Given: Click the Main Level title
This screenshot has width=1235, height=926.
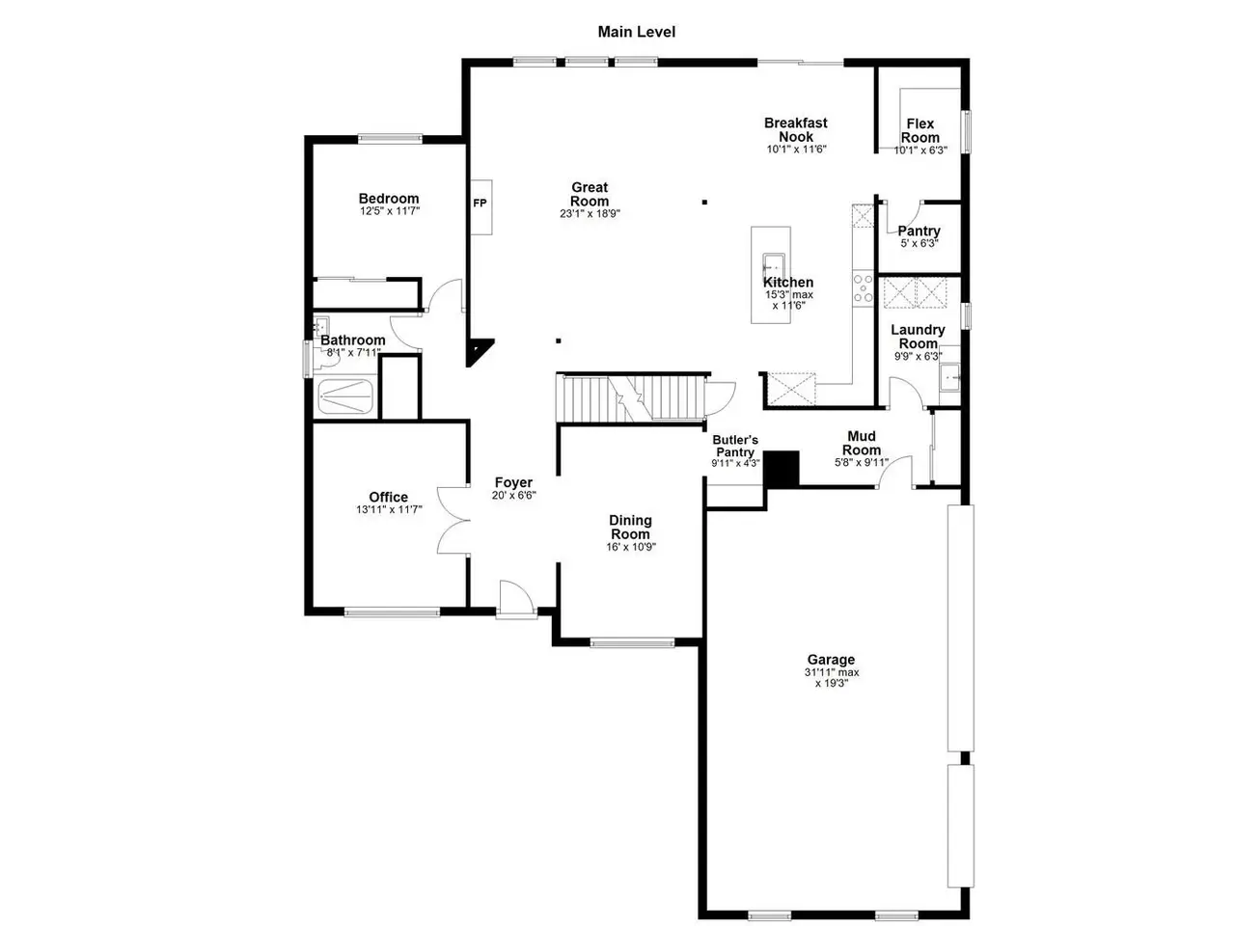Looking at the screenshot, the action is pyautogui.click(x=637, y=32).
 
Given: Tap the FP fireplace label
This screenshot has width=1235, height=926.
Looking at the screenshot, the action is pyautogui.click(x=480, y=203).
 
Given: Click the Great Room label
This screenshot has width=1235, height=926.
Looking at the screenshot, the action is pyautogui.click(x=590, y=194).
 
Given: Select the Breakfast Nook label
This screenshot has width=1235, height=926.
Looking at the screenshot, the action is pyautogui.click(x=796, y=129).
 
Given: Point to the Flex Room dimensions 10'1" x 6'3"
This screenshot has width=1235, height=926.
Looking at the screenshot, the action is pyautogui.click(x=920, y=150).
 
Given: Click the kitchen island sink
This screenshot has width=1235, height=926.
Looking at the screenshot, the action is pyautogui.click(x=774, y=264).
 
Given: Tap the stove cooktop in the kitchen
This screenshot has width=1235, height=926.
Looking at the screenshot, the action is pyautogui.click(x=864, y=289).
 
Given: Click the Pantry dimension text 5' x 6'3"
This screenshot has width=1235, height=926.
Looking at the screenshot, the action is pyautogui.click(x=919, y=243).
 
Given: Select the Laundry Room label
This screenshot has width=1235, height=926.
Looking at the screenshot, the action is pyautogui.click(x=918, y=337).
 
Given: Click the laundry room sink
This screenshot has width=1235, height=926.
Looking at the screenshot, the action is pyautogui.click(x=950, y=377).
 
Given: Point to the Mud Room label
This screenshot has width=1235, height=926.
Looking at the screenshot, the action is pyautogui.click(x=862, y=443).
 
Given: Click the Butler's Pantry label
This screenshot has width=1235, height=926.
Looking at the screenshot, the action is pyautogui.click(x=735, y=446).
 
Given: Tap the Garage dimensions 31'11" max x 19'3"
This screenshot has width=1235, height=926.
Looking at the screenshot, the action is pyautogui.click(x=832, y=677).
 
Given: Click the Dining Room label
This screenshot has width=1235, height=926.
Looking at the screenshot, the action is pyautogui.click(x=630, y=527).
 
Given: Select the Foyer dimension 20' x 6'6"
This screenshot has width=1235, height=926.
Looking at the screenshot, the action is pyautogui.click(x=513, y=496).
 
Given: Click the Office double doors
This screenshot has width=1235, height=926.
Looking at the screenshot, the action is pyautogui.click(x=453, y=520).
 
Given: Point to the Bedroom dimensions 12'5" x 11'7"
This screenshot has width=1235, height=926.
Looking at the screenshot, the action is pyautogui.click(x=390, y=211).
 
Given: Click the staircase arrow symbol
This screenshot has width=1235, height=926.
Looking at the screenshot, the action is pyautogui.click(x=628, y=398).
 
